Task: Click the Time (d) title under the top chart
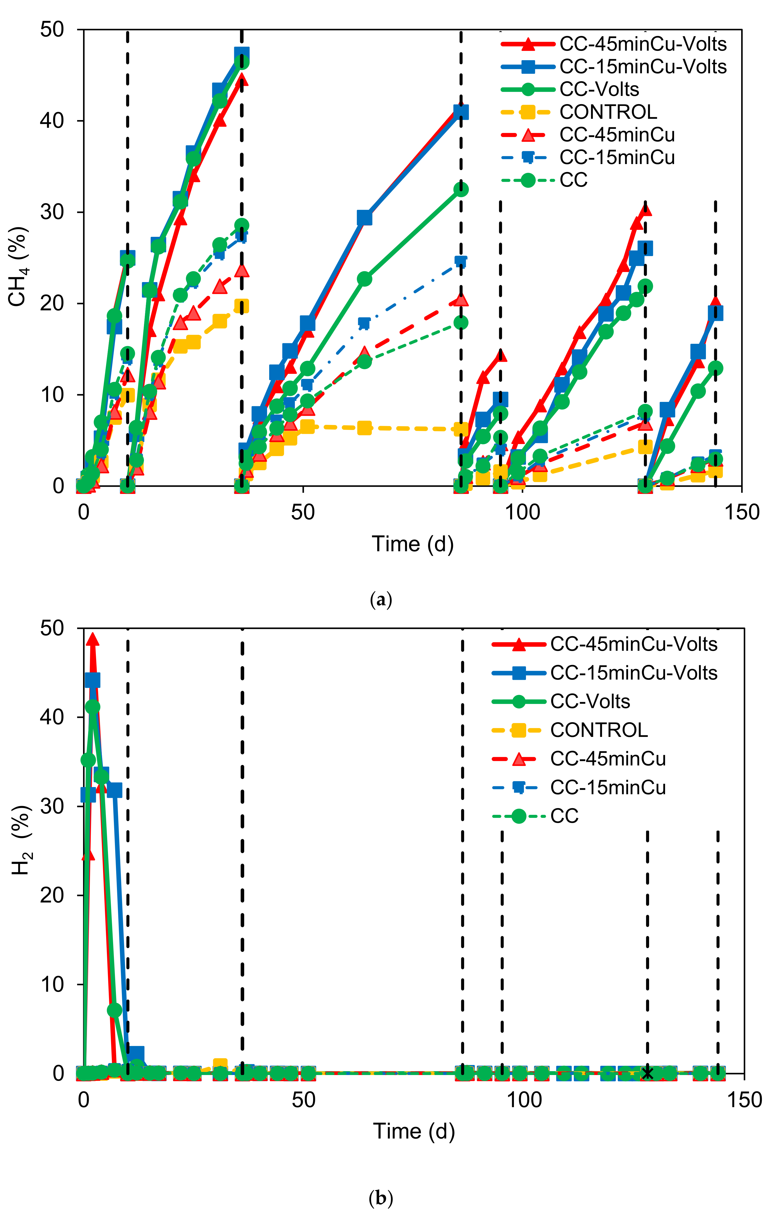413,544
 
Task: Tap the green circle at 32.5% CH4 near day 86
461,189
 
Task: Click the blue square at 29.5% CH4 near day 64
364,218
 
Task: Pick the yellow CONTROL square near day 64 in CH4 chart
364,428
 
